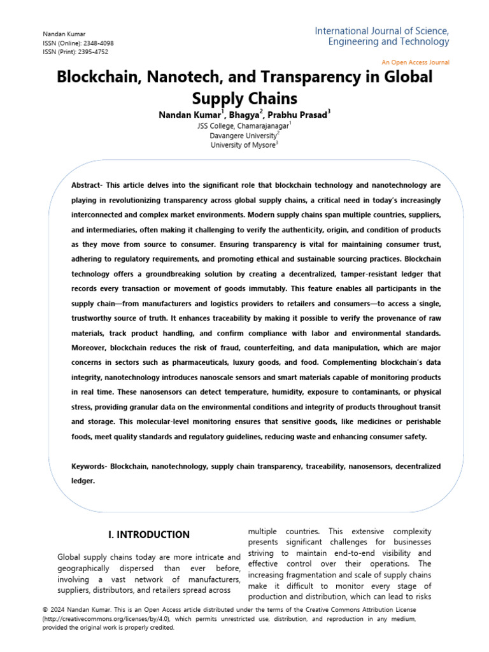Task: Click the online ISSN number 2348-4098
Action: (x=99, y=43)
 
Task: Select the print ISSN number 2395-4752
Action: (x=96, y=52)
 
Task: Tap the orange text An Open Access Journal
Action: (x=415, y=62)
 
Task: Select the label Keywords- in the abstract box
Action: (x=89, y=467)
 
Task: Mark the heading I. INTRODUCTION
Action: (x=149, y=535)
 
